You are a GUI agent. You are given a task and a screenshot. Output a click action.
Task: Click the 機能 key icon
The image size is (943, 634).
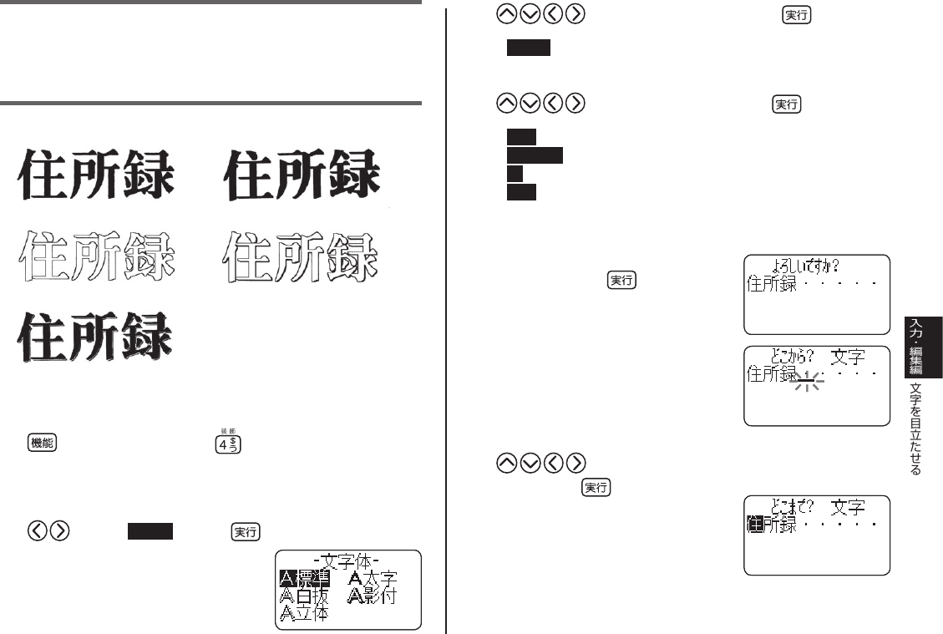(x=43, y=444)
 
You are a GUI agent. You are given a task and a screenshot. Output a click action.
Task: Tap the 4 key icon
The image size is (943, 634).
(x=224, y=444)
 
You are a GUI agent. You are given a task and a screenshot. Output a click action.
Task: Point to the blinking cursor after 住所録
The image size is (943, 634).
(x=806, y=381)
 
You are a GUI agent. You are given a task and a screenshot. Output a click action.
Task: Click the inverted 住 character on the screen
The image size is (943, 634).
(x=754, y=525)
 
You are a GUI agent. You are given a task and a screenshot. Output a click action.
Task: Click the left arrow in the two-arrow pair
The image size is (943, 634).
(x=36, y=532)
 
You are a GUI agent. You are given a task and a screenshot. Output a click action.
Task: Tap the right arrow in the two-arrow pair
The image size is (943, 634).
(x=59, y=532)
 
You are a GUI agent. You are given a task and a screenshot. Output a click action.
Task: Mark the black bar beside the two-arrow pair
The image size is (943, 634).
(x=150, y=532)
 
